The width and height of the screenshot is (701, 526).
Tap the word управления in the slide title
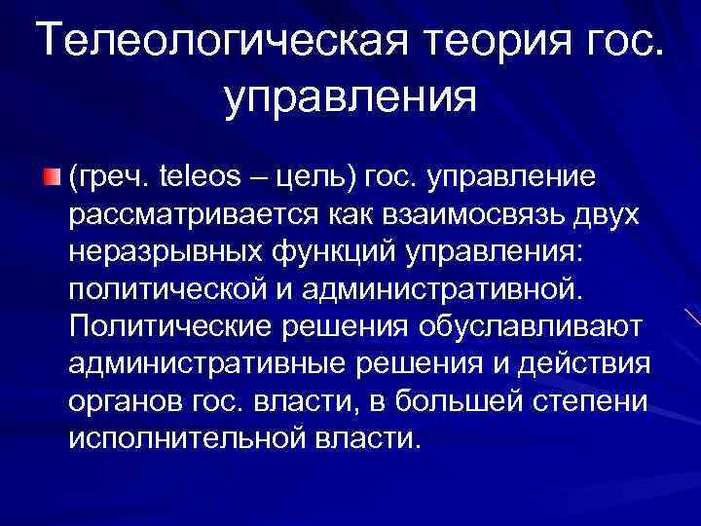[350, 97]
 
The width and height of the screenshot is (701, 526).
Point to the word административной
[447, 290]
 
